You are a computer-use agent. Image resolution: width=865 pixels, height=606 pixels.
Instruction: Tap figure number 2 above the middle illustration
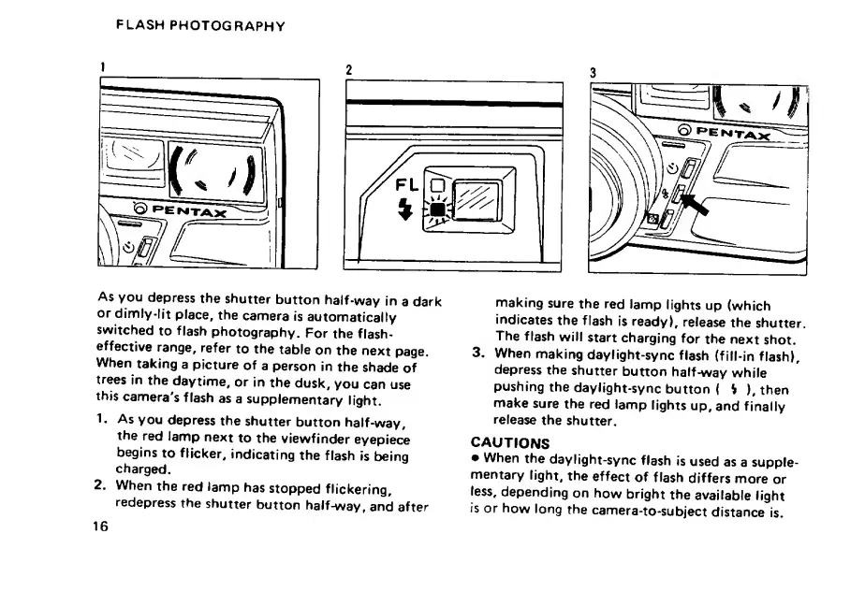point(348,70)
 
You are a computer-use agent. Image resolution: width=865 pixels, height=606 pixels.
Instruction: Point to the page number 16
point(100,526)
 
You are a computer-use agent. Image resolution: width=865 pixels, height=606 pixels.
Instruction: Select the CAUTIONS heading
point(509,442)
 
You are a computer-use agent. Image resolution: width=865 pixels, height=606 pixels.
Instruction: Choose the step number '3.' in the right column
point(477,353)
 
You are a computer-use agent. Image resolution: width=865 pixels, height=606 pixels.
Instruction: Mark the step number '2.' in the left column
point(102,486)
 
